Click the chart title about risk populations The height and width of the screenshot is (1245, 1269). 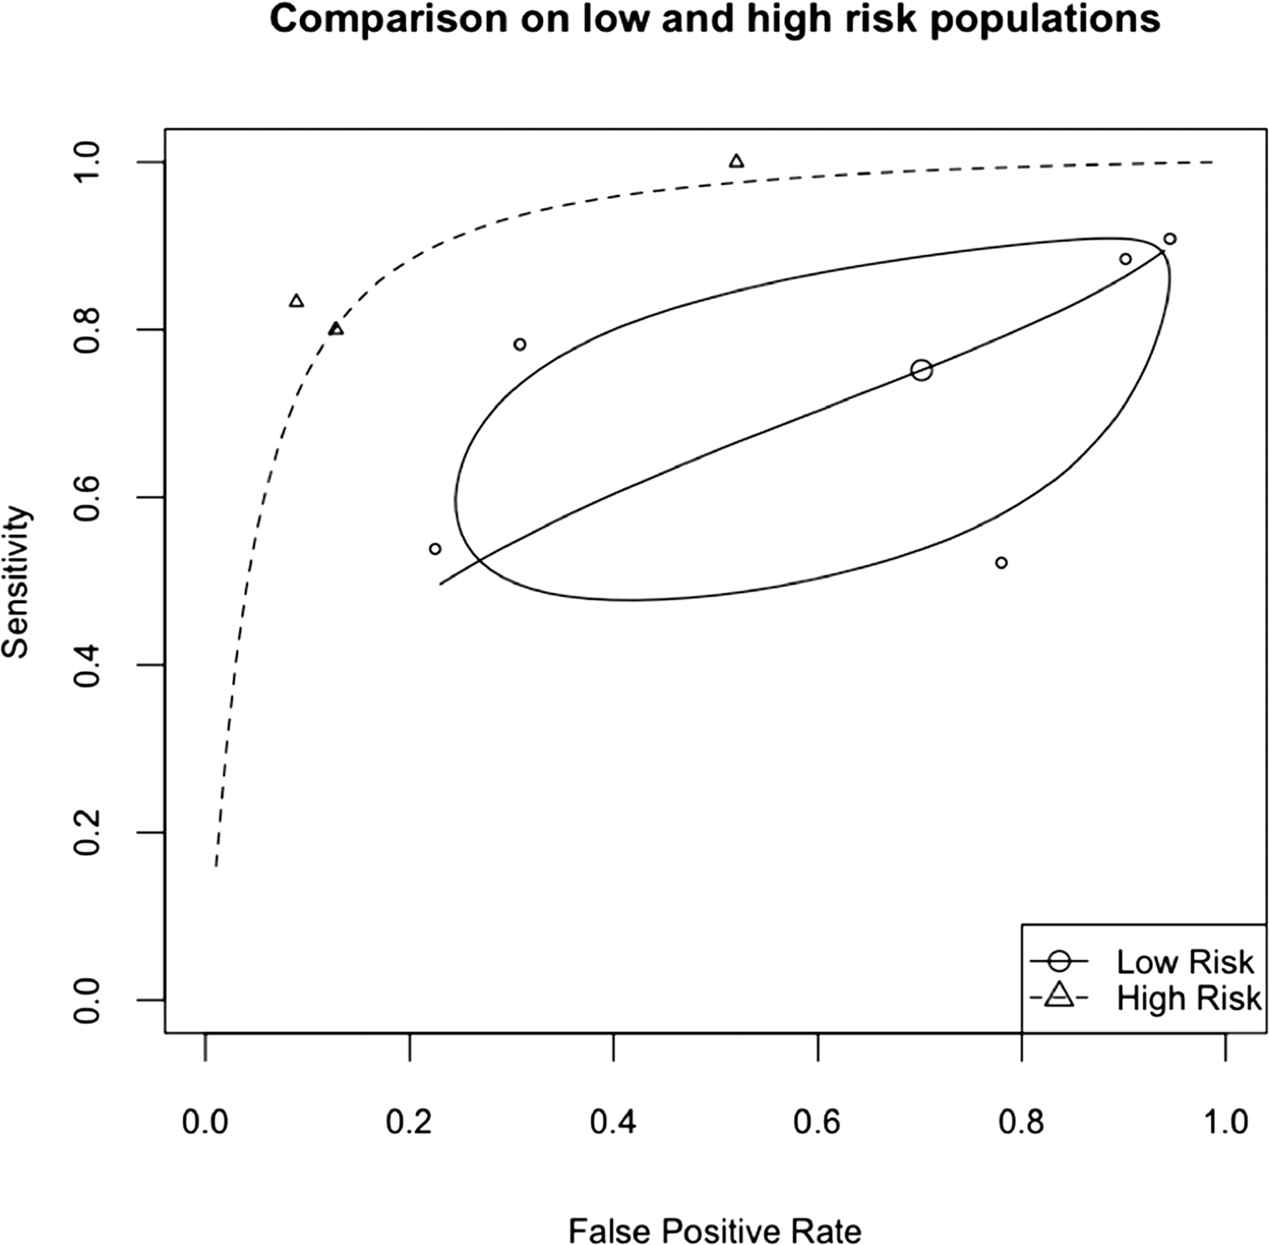(x=714, y=20)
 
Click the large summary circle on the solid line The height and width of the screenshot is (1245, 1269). (x=922, y=370)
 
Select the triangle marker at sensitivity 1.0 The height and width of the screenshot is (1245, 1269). (x=737, y=161)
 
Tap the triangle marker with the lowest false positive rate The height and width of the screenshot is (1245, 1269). (x=296, y=301)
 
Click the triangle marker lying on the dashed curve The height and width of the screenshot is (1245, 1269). (x=336, y=329)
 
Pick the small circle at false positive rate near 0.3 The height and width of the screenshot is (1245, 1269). (x=519, y=345)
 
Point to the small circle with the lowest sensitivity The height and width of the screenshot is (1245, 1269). (x=1002, y=563)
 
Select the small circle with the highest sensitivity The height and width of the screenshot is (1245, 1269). (x=1170, y=239)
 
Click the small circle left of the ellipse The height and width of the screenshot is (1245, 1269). (x=435, y=549)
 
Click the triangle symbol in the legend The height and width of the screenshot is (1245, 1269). (x=1061, y=997)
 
